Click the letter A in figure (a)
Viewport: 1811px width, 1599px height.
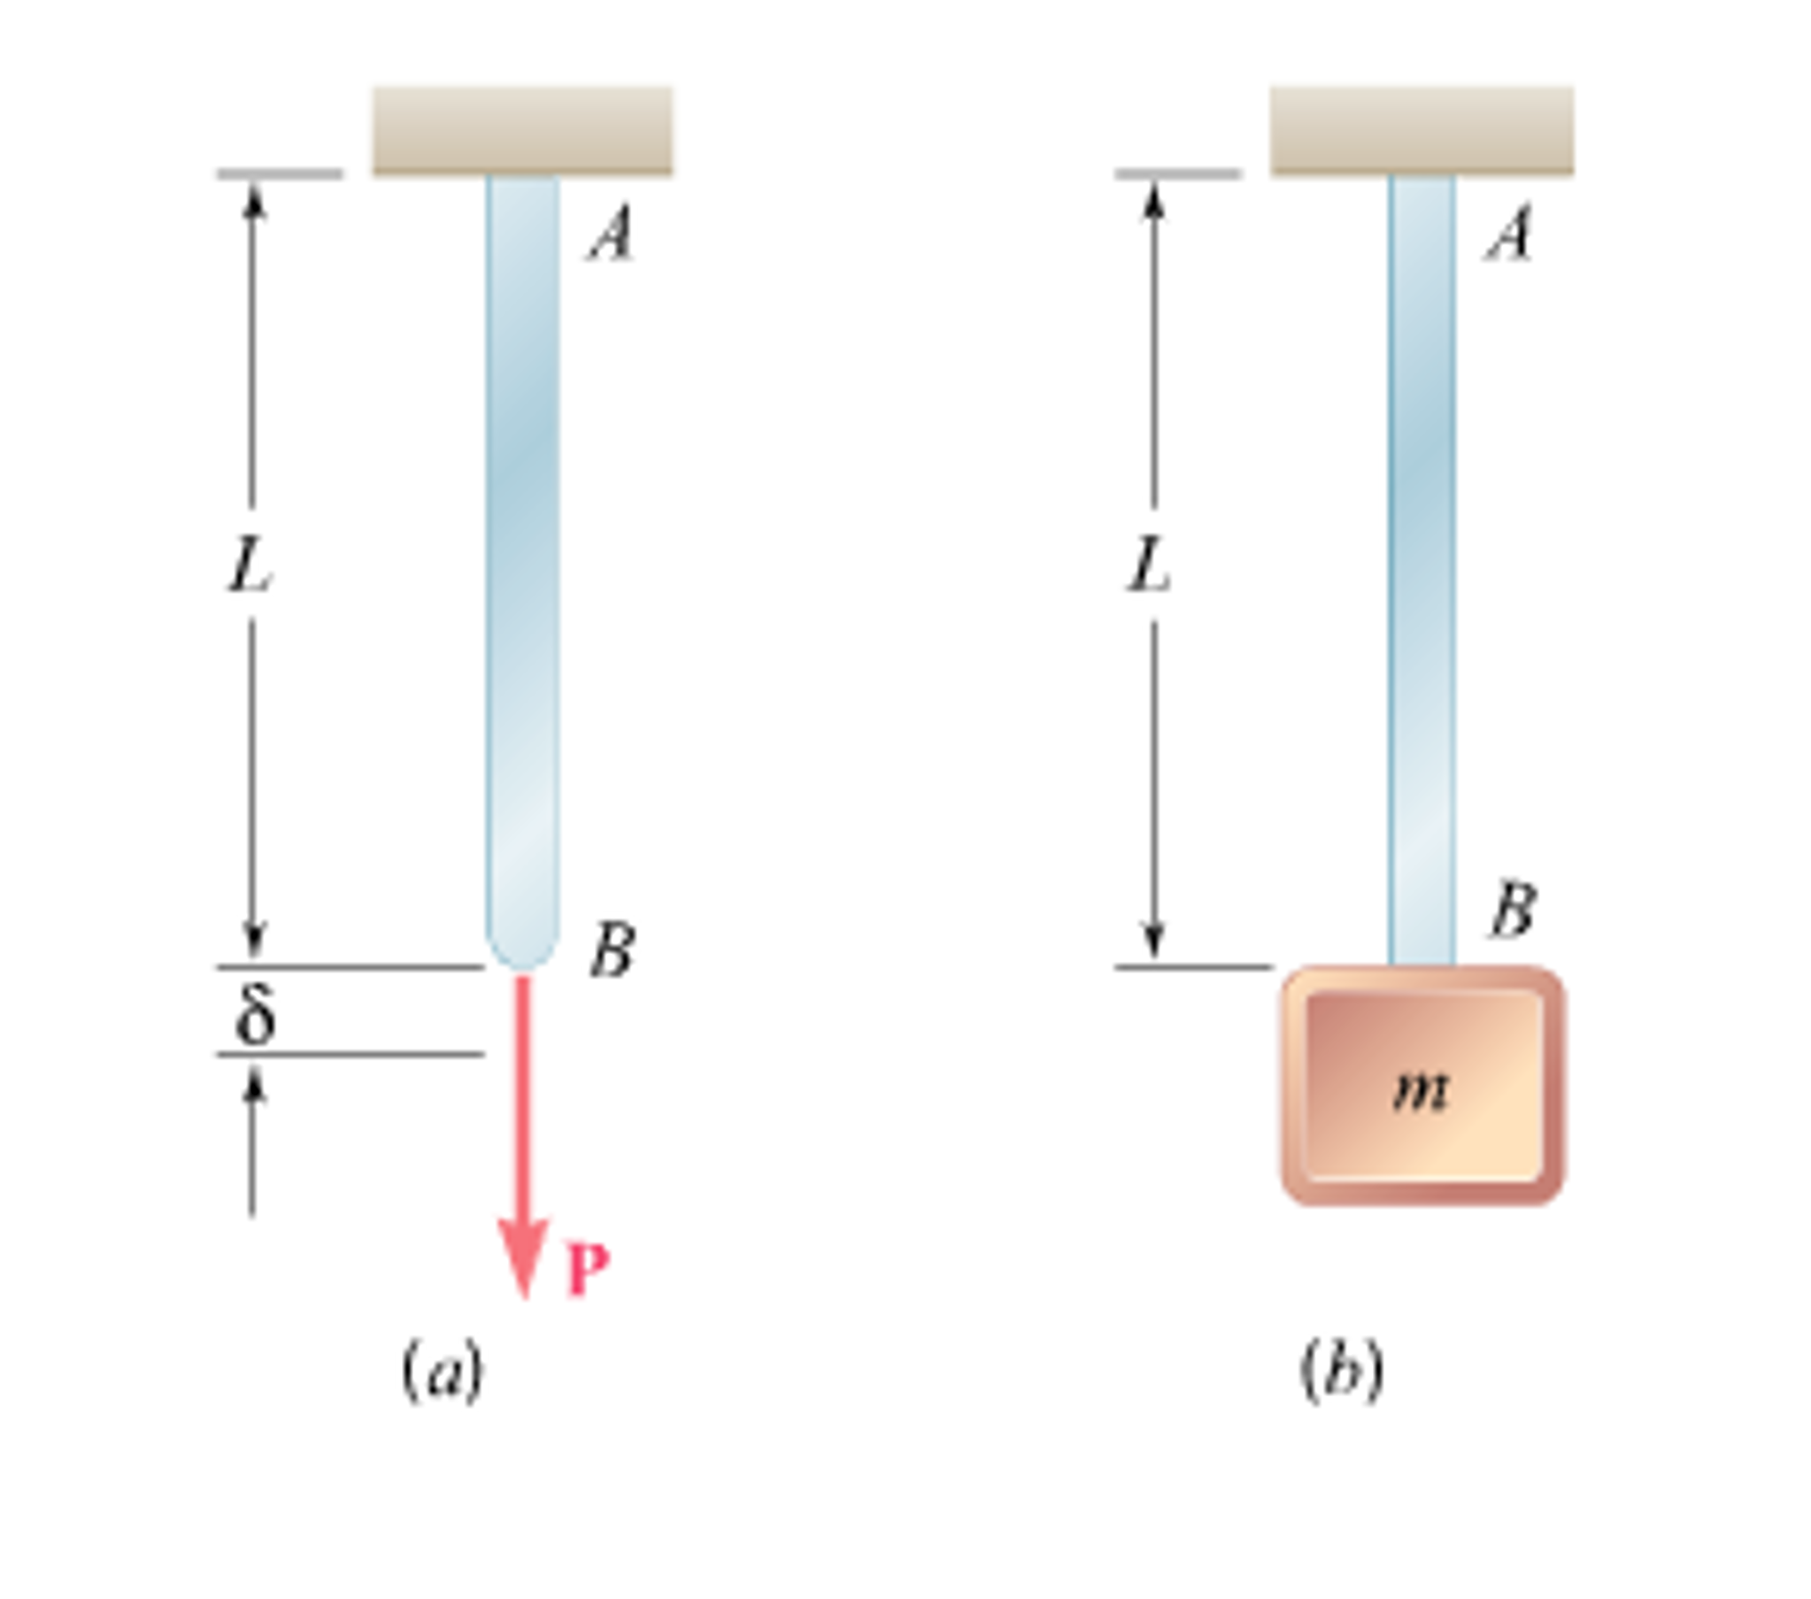tap(613, 232)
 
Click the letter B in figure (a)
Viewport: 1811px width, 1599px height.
tap(613, 949)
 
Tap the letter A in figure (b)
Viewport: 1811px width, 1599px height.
tap(1509, 232)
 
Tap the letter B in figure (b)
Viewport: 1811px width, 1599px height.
tap(1513, 910)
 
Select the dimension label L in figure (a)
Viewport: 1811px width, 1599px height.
tap(249, 565)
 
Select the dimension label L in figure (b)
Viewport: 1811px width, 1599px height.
tap(1148, 565)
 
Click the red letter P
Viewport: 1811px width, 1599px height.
tap(588, 1270)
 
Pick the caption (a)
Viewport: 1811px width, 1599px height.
tap(442, 1372)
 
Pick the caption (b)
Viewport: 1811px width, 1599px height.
tap(1341, 1372)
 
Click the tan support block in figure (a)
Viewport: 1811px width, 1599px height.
tap(522, 130)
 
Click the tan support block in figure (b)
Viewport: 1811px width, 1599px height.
tap(1422, 130)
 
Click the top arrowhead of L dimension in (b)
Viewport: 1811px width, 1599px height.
tap(1152, 200)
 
